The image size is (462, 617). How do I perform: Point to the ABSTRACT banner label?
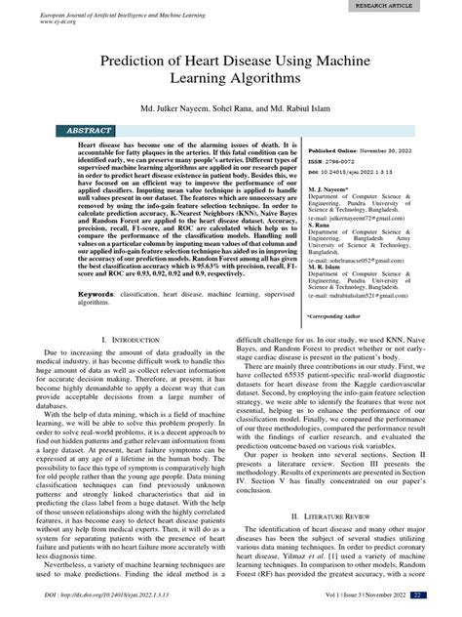[x=88, y=155]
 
